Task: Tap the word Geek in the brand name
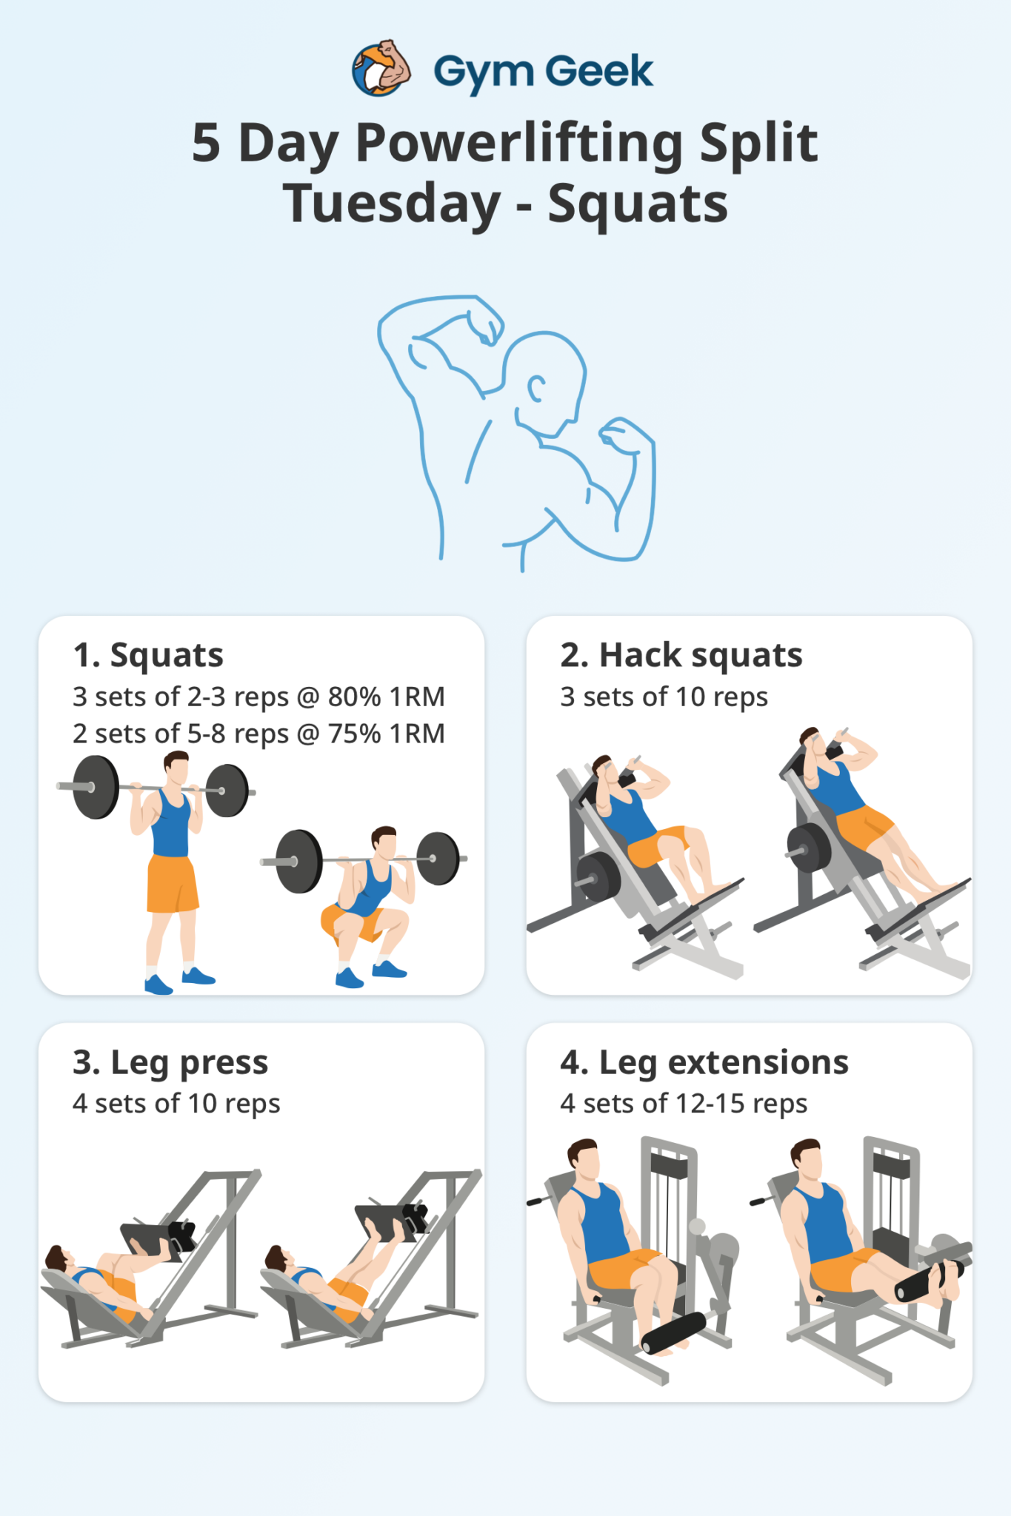[x=599, y=72]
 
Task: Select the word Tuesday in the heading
[x=392, y=204]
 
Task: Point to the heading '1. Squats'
[x=148, y=655]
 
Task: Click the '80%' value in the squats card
[x=354, y=697]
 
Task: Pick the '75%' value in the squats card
[x=354, y=734]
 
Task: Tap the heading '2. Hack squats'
[x=681, y=655]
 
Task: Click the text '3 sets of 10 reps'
[x=664, y=697]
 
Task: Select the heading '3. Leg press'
[x=170, y=1062]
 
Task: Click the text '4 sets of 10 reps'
[x=176, y=1104]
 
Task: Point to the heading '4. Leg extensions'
[x=704, y=1062]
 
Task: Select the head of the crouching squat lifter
[x=384, y=841]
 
